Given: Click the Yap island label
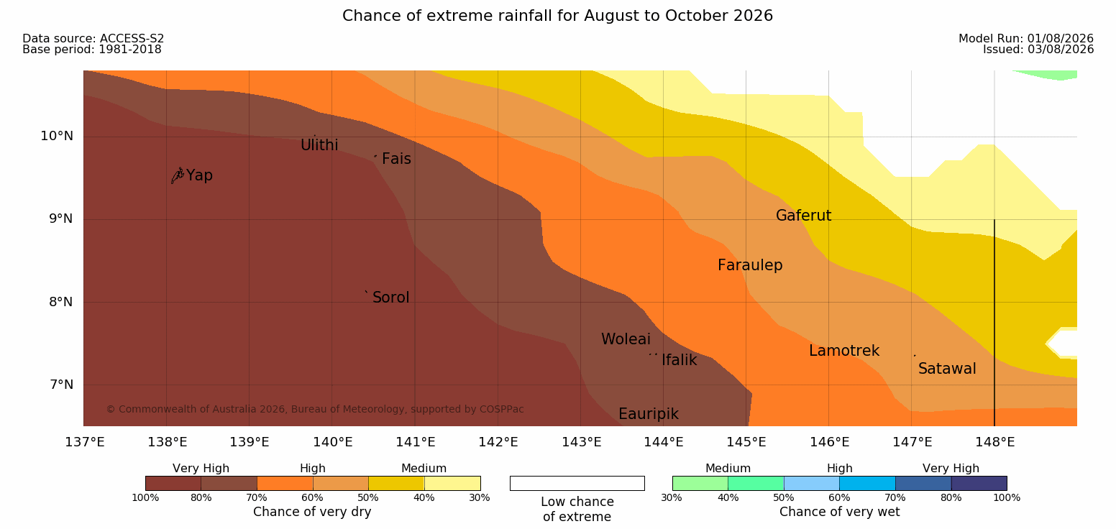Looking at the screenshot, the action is (x=199, y=175).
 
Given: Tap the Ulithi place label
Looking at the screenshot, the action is (x=319, y=145).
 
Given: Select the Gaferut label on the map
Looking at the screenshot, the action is (x=804, y=216).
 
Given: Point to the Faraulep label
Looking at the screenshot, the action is (x=750, y=265).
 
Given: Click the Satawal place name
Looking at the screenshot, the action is (x=947, y=369).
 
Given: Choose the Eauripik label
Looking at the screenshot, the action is (x=648, y=414).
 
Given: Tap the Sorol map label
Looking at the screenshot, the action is (x=390, y=298).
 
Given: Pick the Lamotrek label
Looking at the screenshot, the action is (x=844, y=351).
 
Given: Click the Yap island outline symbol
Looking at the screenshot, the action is (x=178, y=176).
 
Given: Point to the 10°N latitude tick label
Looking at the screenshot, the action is (x=57, y=136).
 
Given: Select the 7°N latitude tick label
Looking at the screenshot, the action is (x=61, y=385).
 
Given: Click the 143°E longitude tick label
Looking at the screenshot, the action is (x=582, y=442).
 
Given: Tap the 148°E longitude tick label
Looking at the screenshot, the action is (x=995, y=442).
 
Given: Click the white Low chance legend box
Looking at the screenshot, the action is (x=577, y=483).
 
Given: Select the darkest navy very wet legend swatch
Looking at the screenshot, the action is (x=979, y=483).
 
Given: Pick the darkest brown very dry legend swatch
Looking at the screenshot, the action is (x=173, y=483).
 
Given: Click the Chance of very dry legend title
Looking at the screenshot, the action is (x=312, y=512).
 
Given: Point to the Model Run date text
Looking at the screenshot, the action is (x=1026, y=38).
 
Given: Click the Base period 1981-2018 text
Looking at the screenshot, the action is (x=92, y=50).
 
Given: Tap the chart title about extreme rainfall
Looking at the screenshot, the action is (x=557, y=16).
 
